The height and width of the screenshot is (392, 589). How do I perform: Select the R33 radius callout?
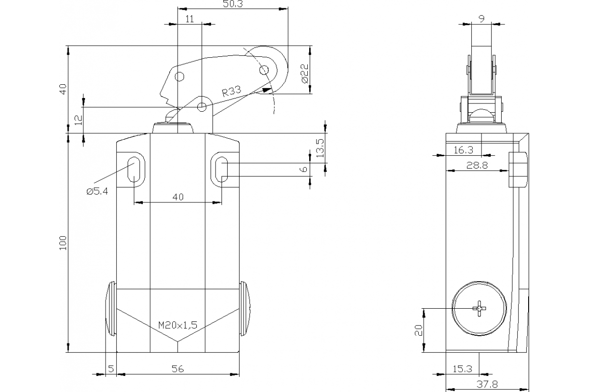(x=231, y=92)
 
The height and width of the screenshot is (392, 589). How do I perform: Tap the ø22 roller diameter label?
(x=304, y=73)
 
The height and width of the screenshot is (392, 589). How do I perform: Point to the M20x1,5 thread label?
(x=178, y=325)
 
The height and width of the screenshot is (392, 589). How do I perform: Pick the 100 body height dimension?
(x=63, y=243)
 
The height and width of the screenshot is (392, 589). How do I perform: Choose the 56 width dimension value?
(x=178, y=369)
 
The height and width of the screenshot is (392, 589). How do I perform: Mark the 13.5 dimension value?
(x=320, y=147)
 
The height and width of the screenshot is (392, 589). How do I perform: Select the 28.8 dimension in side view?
(x=477, y=166)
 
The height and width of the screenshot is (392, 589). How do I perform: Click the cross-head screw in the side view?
(x=479, y=308)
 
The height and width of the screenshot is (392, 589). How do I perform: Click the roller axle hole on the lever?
(x=264, y=70)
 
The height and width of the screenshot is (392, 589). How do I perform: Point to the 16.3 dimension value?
(x=463, y=150)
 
